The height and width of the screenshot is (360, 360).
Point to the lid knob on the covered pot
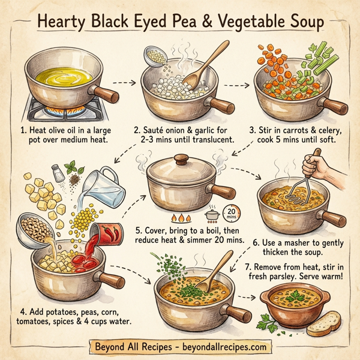(180, 161)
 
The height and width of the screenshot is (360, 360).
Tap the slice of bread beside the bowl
(324, 325)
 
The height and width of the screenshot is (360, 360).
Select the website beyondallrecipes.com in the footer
(224, 347)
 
